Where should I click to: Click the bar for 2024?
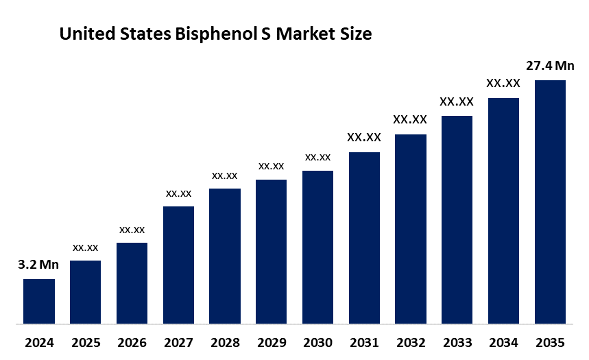tap(38, 301)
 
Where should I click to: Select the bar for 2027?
tap(178, 265)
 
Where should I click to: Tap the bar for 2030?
tap(317, 247)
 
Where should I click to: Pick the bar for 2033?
tap(457, 219)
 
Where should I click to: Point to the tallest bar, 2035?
tap(550, 202)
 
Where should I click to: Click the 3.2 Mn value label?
tap(38, 264)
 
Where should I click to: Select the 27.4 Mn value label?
tap(550, 66)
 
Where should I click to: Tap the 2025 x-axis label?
tap(85, 342)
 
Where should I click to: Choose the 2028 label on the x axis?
tap(224, 342)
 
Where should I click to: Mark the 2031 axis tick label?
tap(364, 342)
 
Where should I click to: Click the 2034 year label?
tap(503, 342)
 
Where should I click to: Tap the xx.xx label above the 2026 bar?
tap(132, 229)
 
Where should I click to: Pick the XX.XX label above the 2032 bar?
tap(410, 119)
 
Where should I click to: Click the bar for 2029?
tap(271, 252)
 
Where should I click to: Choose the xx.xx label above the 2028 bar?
tap(224, 176)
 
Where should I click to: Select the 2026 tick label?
tap(132, 342)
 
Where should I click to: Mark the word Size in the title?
tap(355, 34)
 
